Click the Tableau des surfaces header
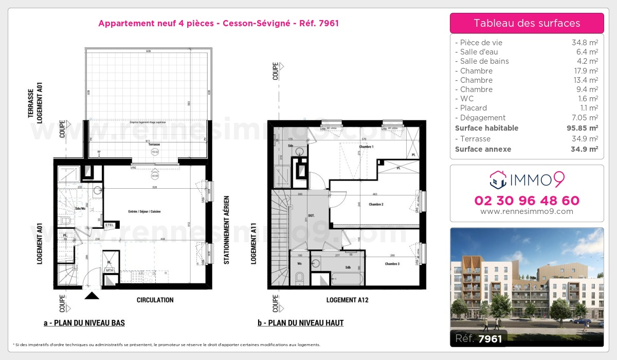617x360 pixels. click(x=527, y=23)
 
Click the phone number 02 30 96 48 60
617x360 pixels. click(x=527, y=201)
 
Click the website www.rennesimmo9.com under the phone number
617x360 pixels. click(x=527, y=211)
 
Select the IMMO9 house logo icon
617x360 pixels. click(x=497, y=179)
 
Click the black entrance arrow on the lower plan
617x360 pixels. click(x=92, y=295)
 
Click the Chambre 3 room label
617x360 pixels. click(x=392, y=264)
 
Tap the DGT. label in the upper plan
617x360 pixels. click(x=312, y=215)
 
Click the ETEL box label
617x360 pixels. click(x=109, y=225)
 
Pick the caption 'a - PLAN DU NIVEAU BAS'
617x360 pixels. click(x=84, y=323)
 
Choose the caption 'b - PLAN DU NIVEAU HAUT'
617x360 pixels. click(x=301, y=323)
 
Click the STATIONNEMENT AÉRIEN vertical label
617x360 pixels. click(x=226, y=230)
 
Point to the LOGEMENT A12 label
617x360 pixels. click(x=347, y=300)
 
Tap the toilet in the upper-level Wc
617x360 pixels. click(x=300, y=278)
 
